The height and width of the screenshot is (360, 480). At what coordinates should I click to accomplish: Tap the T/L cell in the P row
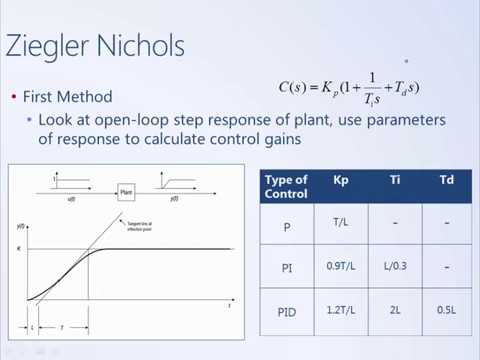click(338, 226)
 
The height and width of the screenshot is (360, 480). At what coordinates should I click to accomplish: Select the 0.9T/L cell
click(338, 268)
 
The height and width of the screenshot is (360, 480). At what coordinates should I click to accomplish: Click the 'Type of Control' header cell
click(285, 186)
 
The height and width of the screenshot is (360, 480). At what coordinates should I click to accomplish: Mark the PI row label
click(285, 268)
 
